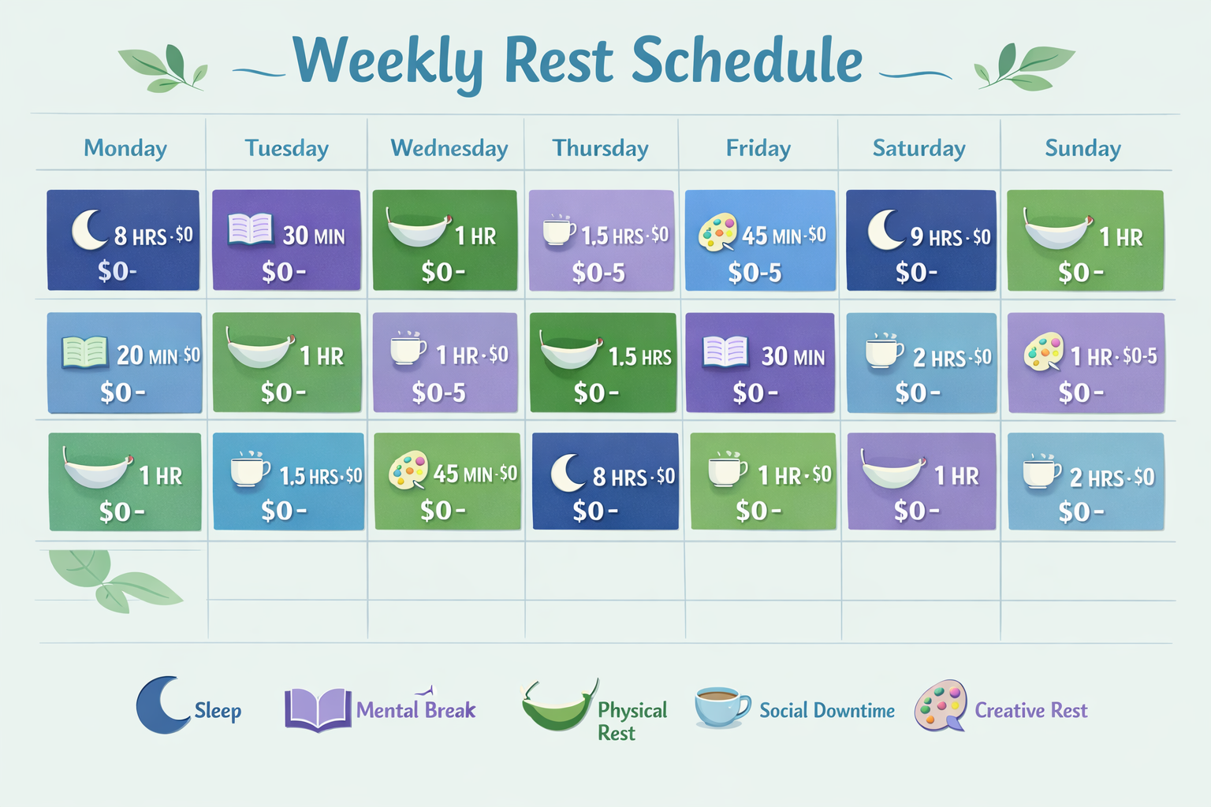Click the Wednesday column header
coord(449,148)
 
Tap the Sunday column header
coord(1082,148)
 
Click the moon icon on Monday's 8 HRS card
coord(88,229)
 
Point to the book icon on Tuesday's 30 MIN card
coord(250,229)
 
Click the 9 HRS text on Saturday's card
coord(937,236)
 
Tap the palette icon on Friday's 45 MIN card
coord(717,232)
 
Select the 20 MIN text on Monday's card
coord(147,356)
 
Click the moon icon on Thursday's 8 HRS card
coord(568,473)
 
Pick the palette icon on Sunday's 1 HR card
coord(1044,351)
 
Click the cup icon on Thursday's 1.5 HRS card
coord(559,230)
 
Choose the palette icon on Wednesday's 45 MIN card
coord(408,470)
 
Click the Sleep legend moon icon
coord(161,705)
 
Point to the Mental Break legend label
coord(415,710)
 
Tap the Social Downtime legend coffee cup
coord(721,706)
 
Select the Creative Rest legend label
coord(1030,710)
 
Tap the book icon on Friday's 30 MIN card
coord(725,351)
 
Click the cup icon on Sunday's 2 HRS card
coord(1041,471)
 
